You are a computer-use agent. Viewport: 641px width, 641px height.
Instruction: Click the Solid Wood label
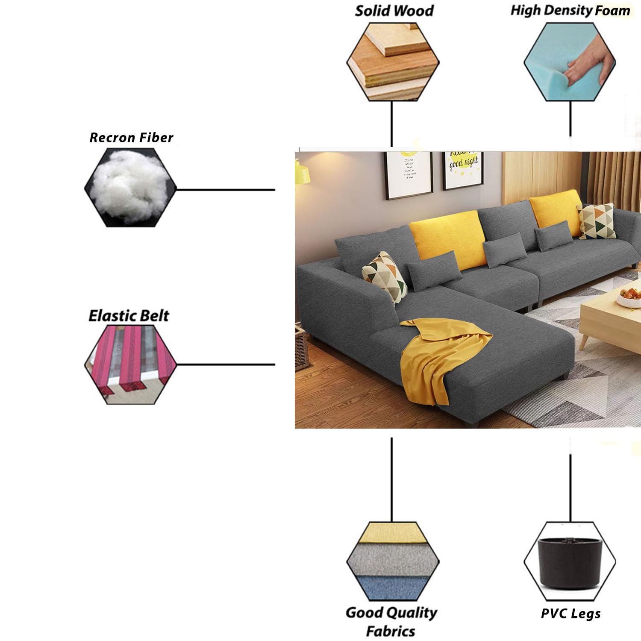394,11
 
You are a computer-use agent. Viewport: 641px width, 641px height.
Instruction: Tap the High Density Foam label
570,10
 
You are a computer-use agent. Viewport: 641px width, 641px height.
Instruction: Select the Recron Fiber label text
131,138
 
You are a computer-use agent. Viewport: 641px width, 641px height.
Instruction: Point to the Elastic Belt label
129,316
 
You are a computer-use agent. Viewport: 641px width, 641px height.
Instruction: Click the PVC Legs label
570,614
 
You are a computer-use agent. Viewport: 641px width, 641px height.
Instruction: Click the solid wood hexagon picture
393,62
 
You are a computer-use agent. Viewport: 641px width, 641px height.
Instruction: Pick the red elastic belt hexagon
130,365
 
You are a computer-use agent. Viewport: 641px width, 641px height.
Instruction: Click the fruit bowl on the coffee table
630,297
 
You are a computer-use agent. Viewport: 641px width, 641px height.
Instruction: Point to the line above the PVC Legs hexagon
570,487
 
